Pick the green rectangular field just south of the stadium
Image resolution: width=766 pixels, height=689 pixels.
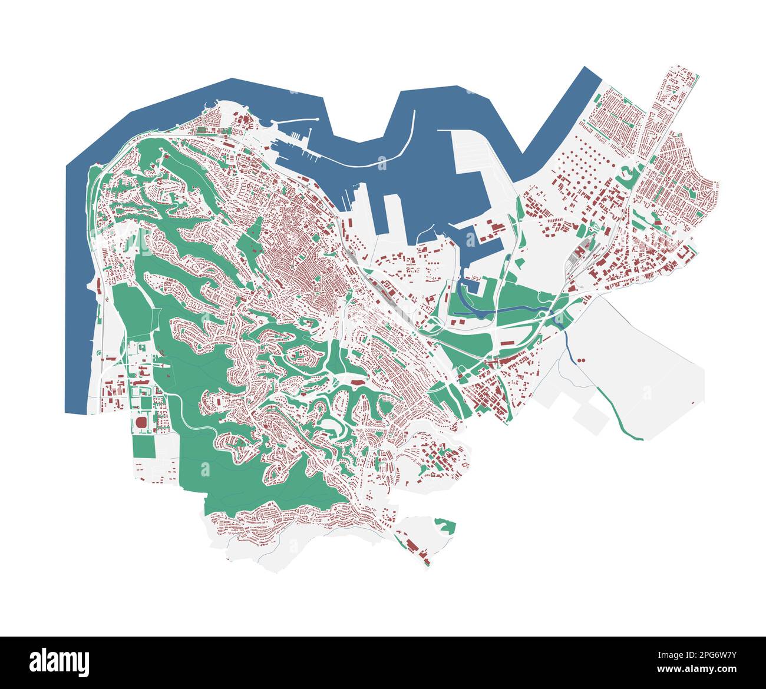point(143,446)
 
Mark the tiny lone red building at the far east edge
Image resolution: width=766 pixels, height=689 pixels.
point(701,402)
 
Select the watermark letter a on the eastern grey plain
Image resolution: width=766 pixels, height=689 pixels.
point(647,392)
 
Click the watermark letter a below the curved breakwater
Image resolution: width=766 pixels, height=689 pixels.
point(382,163)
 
